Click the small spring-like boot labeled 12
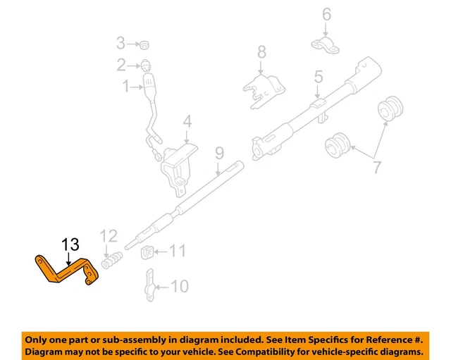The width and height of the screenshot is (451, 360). tap(111, 261)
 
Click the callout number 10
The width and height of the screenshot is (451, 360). tap(180, 286)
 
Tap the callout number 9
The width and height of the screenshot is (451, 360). tap(218, 151)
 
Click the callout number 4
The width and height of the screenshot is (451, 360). tap(187, 122)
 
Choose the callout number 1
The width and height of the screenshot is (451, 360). tap(126, 87)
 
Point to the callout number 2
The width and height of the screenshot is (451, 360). tap(121, 66)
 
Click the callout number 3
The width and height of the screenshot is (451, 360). tap(121, 44)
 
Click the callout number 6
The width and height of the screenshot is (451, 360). tap(326, 13)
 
